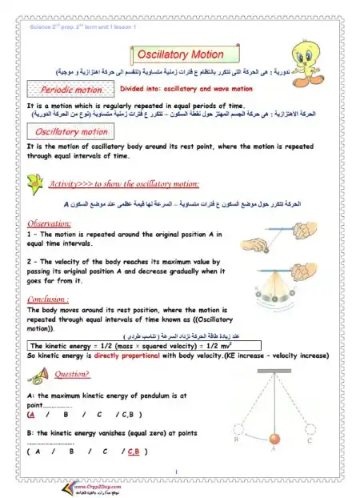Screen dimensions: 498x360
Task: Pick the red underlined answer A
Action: [x=31, y=415]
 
